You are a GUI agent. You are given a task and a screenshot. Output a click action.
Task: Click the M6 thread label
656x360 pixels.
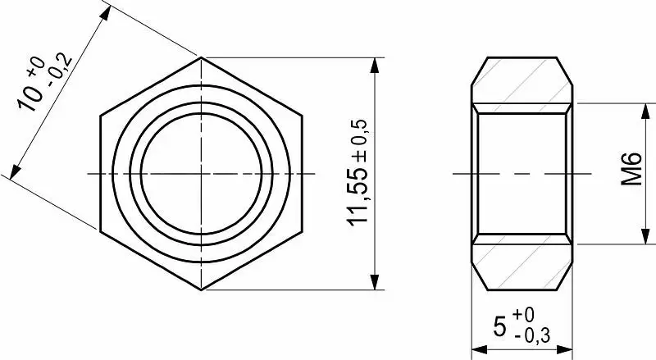point(631,168)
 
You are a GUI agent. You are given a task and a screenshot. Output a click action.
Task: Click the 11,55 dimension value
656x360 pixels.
point(358,197)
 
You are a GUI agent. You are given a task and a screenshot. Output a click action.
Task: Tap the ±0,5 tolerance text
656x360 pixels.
point(359,141)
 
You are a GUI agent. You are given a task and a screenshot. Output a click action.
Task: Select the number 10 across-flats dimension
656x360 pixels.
point(30,98)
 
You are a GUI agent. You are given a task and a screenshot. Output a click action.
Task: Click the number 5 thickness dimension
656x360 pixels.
point(499,327)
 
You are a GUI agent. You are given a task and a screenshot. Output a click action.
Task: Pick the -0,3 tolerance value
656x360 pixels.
point(532,335)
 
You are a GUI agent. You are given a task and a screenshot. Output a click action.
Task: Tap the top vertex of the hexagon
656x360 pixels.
point(201,57)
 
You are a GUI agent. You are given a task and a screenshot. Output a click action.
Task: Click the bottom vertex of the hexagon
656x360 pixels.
point(201,289)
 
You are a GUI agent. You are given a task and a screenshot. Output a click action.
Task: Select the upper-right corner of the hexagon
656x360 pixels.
point(302,115)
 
